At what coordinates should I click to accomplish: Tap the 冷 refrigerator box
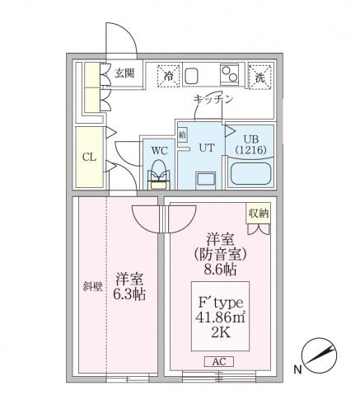(x=169, y=75)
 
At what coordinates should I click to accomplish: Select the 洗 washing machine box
(x=259, y=76)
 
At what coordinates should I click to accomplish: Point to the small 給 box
(x=182, y=132)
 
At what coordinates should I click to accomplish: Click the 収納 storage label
(x=258, y=213)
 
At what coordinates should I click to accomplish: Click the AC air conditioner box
(x=216, y=361)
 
